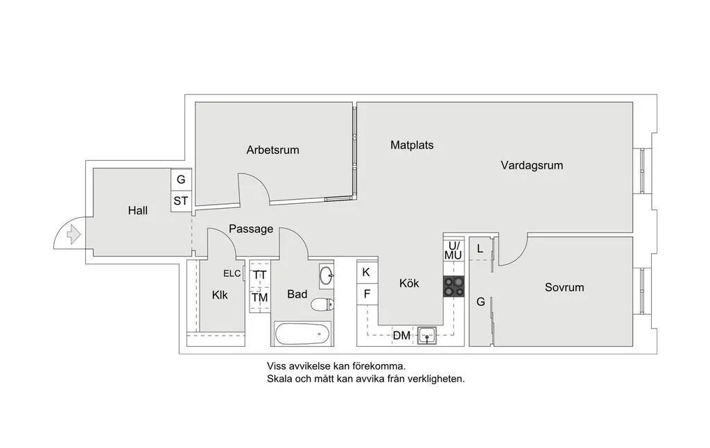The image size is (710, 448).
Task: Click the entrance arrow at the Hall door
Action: (69, 236)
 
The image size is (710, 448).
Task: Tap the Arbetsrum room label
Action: (272, 149)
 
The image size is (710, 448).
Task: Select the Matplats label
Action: (412, 145)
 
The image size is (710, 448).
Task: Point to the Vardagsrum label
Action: (532, 165)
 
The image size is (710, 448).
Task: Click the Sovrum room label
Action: (564, 287)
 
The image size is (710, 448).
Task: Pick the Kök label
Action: (409, 283)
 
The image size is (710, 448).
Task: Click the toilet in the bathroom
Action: (323, 304)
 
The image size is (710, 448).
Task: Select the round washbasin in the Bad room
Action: (327, 275)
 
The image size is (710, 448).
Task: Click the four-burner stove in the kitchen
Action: (453, 286)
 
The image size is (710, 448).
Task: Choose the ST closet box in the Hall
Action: (181, 201)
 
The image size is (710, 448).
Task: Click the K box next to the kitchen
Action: (366, 272)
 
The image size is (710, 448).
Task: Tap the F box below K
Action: (366, 293)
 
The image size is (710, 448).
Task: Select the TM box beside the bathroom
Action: (259, 298)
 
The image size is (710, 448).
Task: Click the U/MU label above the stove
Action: (453, 250)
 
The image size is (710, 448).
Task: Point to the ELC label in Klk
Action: (232, 273)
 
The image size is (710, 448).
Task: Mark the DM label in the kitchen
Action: (401, 336)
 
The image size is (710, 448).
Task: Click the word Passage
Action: (251, 229)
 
